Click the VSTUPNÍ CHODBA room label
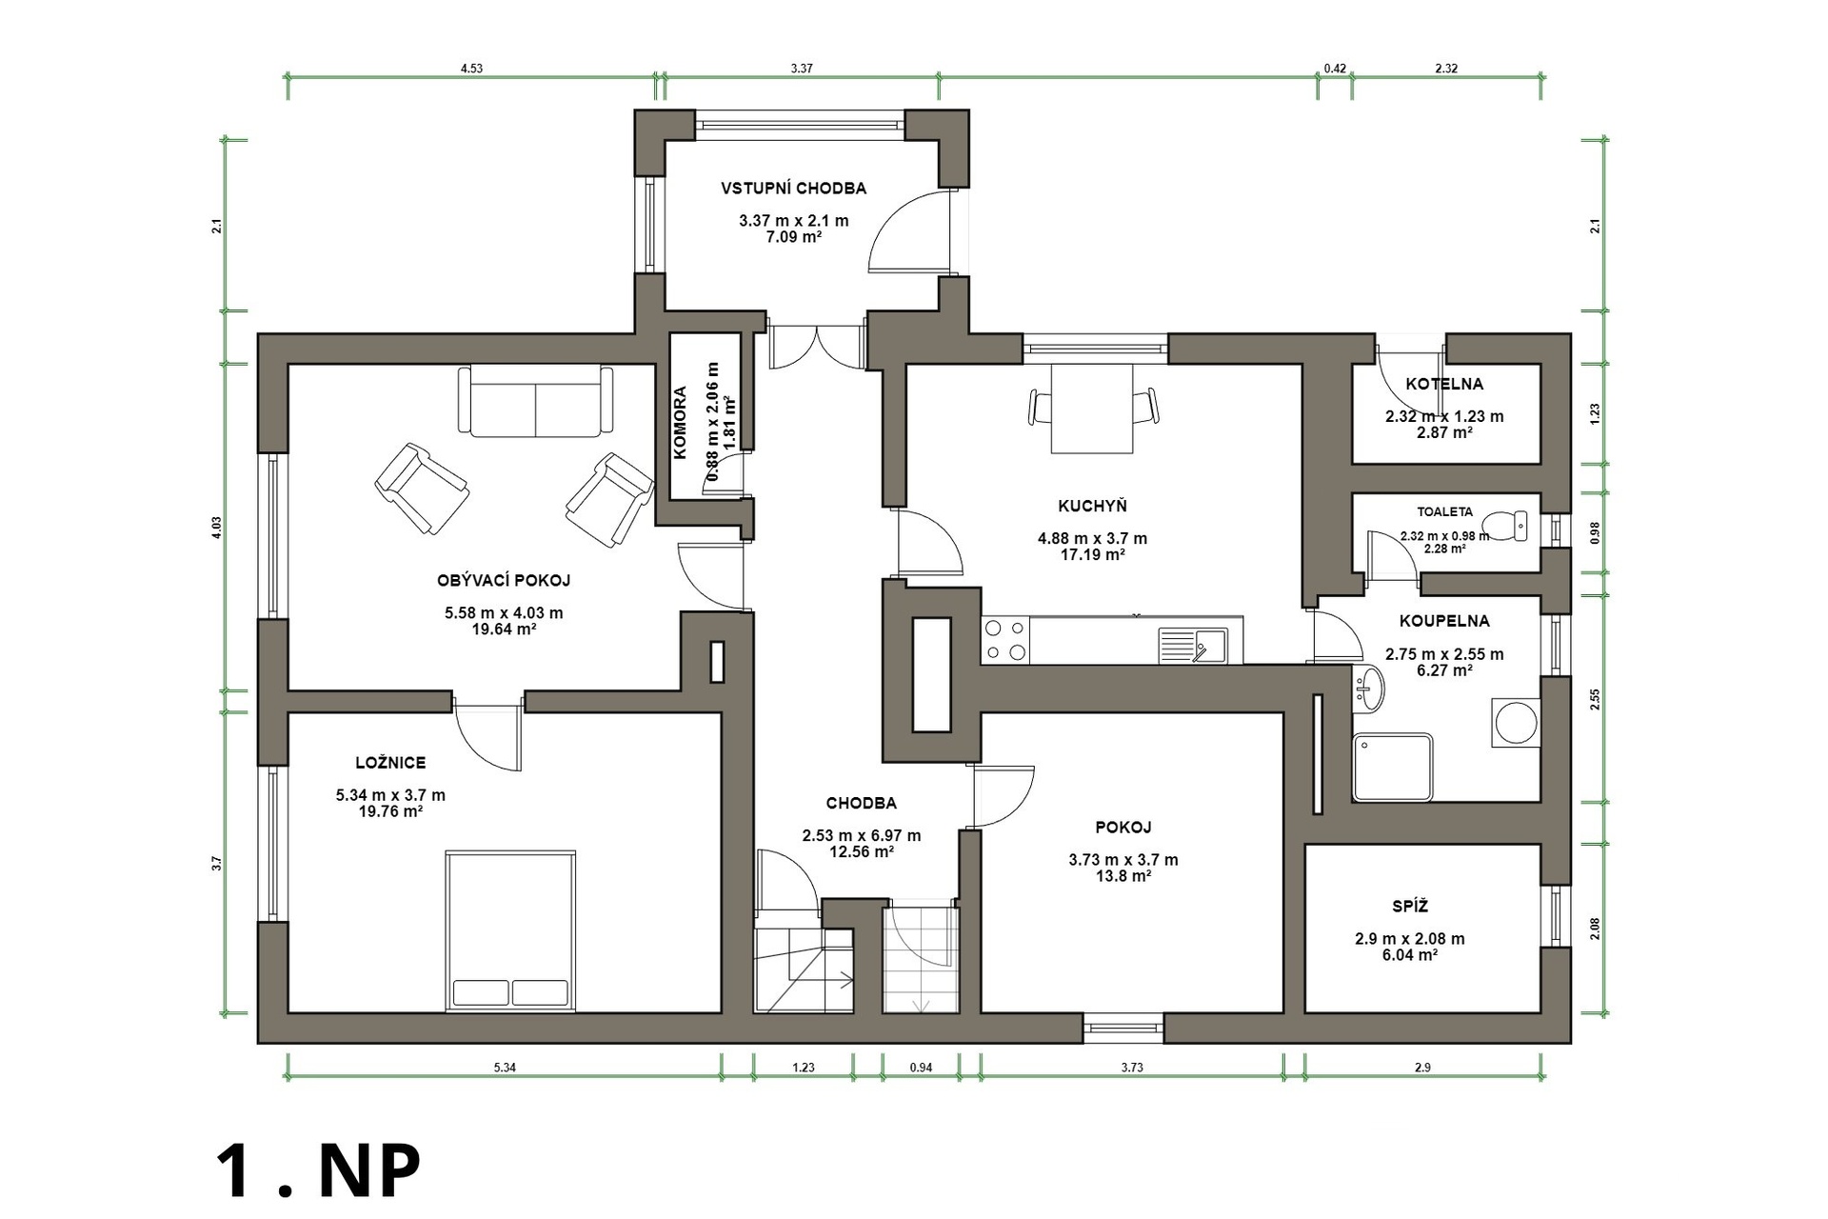(x=793, y=189)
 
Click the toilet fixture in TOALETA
(x=1509, y=526)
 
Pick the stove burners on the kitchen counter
(x=1005, y=640)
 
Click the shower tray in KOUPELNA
(x=1392, y=767)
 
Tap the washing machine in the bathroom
(x=1515, y=722)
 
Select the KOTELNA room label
(x=1444, y=385)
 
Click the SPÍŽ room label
(x=1410, y=907)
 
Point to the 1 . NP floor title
(x=318, y=1171)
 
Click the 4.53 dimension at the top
(x=471, y=69)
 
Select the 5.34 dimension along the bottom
(x=505, y=1068)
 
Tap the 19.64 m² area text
(x=504, y=629)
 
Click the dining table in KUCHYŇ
(x=1092, y=410)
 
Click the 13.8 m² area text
(x=1123, y=876)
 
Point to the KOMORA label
(x=681, y=422)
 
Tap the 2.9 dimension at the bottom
(x=1422, y=1068)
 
